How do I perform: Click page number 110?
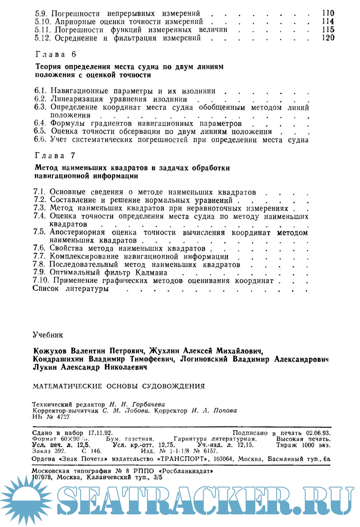coord(328,13)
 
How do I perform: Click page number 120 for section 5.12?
coord(328,38)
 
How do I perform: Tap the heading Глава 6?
coord(56,54)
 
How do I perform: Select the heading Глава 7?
coord(55,156)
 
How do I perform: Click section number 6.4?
coord(40,123)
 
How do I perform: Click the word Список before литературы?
coord(46,289)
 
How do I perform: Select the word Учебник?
coord(48,335)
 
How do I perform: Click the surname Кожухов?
coord(50,351)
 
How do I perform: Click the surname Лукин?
coord(45,367)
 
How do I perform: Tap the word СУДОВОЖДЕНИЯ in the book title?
coord(173,386)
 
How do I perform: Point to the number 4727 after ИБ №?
coord(63,417)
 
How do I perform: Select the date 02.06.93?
coord(318,433)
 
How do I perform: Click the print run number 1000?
coord(308,445)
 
